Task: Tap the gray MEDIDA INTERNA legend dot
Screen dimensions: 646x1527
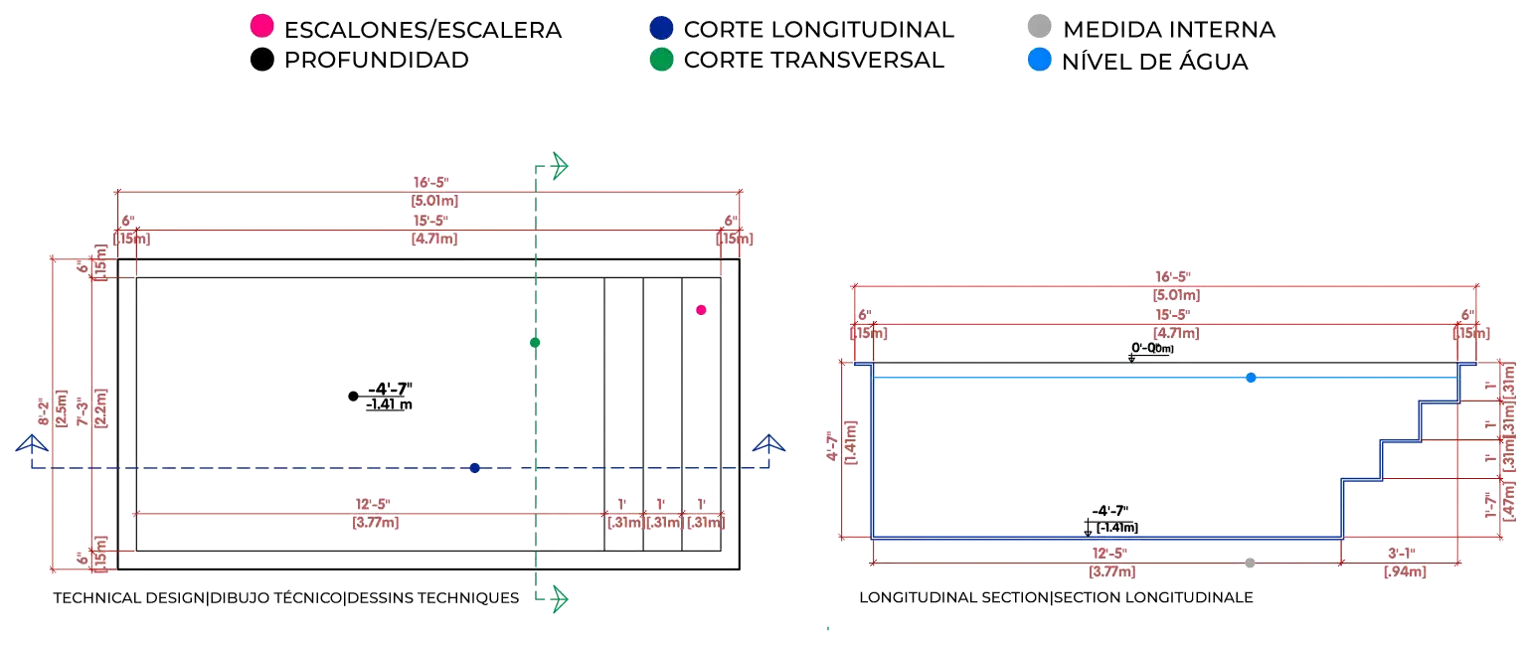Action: click(1038, 28)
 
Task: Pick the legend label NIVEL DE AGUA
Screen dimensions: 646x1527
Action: click(1155, 60)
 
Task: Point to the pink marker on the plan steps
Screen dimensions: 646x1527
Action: click(701, 310)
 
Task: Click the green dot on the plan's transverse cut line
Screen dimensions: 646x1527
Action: click(535, 343)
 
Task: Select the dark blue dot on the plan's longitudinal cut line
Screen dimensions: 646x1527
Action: click(475, 468)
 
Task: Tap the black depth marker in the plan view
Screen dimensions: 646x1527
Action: click(353, 397)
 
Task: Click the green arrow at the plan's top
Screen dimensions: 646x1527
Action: click(559, 166)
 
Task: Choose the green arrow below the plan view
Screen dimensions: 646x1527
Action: click(559, 597)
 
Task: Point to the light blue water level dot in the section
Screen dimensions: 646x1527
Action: click(1251, 378)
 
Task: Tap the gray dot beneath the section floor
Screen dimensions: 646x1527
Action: click(1250, 564)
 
